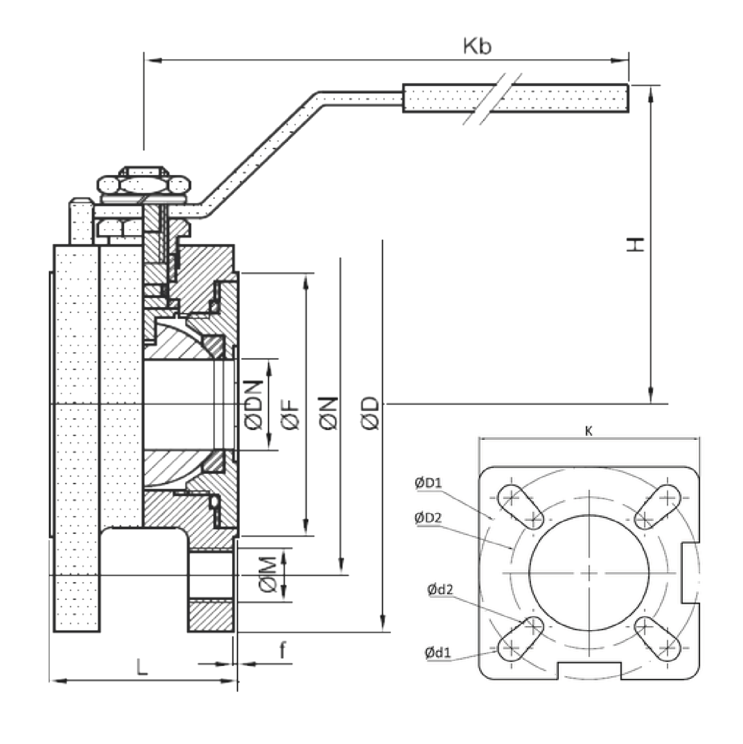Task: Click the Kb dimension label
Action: tap(477, 46)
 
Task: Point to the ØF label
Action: tap(291, 413)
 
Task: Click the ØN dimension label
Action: tap(330, 413)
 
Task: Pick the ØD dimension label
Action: tap(370, 413)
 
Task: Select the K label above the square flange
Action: tap(588, 431)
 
